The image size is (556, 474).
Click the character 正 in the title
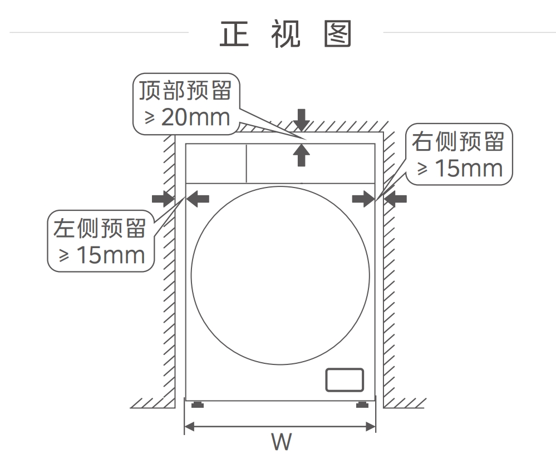pos(234,34)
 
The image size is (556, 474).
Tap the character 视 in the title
pos(286,34)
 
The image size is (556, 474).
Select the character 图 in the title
pos(338,34)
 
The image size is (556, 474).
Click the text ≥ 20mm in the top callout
pos(187,117)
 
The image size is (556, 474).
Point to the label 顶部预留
pos(185,91)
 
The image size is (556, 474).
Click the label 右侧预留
pos(458,141)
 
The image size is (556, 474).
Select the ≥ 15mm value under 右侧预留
pos(460,168)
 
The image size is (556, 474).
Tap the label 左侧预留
pos(100,228)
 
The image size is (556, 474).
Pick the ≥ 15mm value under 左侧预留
pos(102,255)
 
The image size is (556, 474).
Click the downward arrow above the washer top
pos(302,120)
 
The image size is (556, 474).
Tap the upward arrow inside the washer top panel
pos(302,155)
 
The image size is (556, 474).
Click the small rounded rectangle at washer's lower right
pos(345,380)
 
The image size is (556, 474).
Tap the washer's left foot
pos(198,404)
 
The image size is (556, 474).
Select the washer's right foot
pos(362,404)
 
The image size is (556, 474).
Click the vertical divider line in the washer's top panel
pos(247,164)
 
